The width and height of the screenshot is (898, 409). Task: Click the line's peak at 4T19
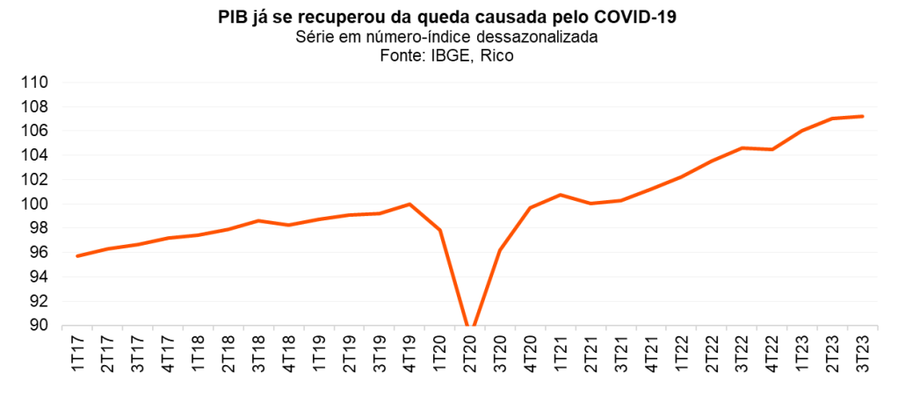[409, 204]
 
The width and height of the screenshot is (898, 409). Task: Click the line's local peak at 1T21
[561, 195]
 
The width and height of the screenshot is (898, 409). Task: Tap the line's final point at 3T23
[862, 116]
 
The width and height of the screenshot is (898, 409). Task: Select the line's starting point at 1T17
[78, 256]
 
